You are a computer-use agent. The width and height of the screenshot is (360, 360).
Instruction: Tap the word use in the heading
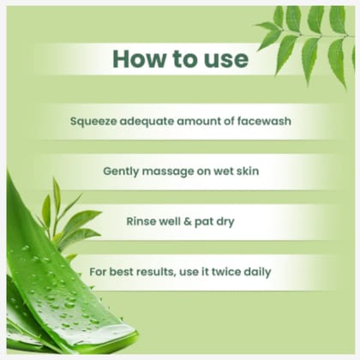click(225, 59)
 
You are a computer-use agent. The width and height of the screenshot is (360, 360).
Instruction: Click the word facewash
click(262, 121)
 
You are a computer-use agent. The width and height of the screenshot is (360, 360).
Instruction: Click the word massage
click(174, 171)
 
